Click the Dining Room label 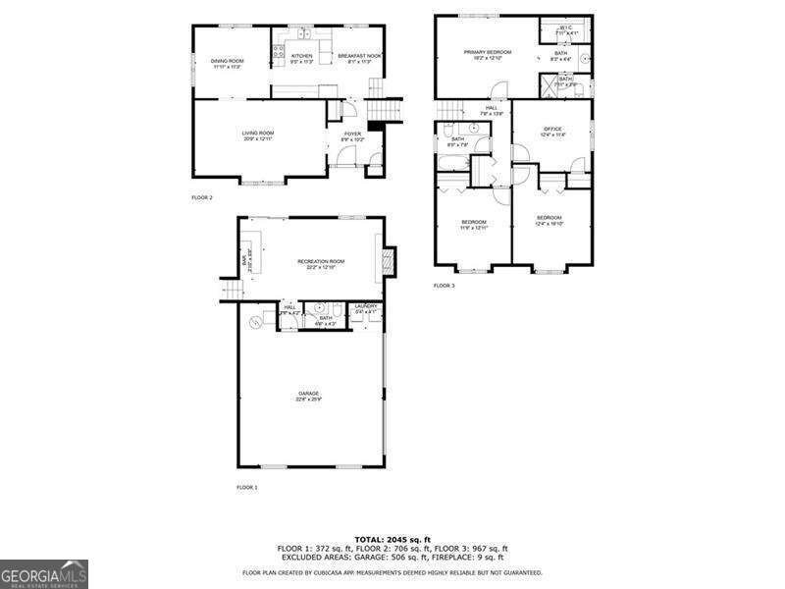pos(227,61)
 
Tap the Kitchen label pos(301,56)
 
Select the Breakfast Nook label pos(359,56)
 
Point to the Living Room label pos(258,133)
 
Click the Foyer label pos(352,134)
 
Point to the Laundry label pos(365,306)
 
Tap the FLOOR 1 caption pos(246,488)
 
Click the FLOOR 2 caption pos(202,197)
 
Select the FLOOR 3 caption pos(445,286)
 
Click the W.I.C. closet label pos(566,27)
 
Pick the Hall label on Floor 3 pos(491,108)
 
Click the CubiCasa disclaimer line pos(392,572)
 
